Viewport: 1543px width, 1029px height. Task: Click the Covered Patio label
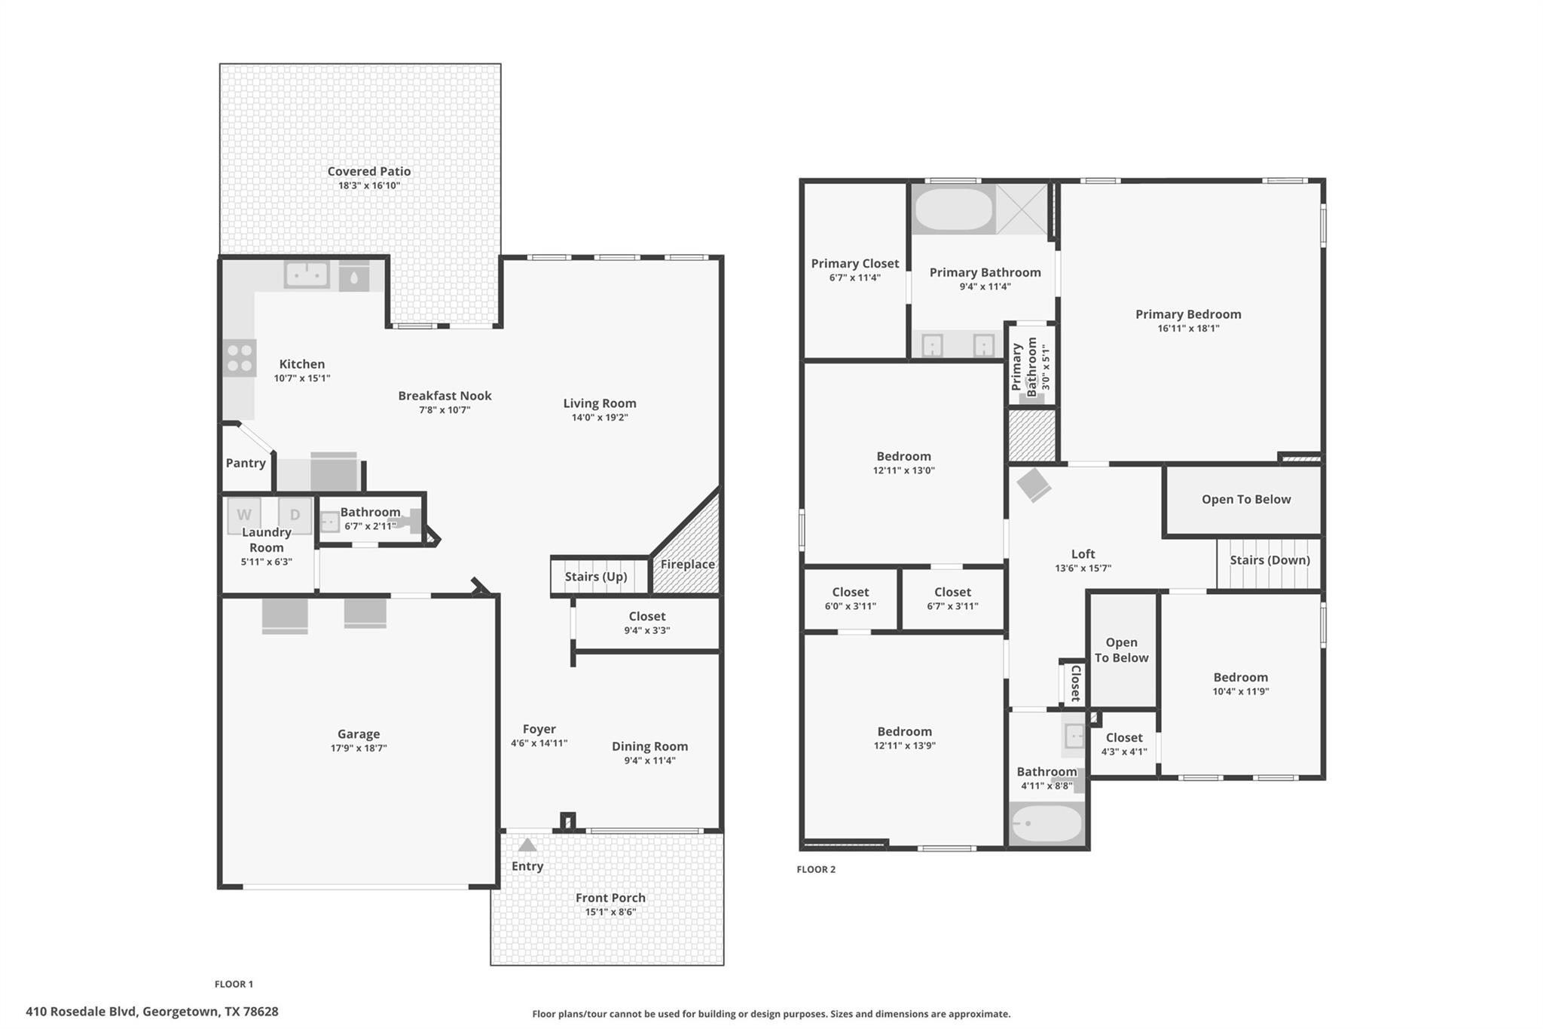[x=368, y=172]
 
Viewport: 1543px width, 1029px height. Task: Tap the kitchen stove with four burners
[x=240, y=358]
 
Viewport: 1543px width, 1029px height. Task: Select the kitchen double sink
[x=306, y=274]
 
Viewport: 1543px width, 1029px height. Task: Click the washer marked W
[x=244, y=515]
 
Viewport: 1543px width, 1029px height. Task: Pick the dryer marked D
[x=295, y=514]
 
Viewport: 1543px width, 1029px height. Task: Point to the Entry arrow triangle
[x=527, y=845]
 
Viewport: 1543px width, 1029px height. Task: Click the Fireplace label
[x=687, y=565]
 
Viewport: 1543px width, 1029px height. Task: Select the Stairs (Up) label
[x=595, y=577]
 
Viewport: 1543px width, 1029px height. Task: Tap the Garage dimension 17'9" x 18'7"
[x=359, y=749]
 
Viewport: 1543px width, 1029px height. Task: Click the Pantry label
[x=246, y=464]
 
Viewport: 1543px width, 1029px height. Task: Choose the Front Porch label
[x=610, y=898]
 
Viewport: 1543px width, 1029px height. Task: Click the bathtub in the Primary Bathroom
[x=953, y=209]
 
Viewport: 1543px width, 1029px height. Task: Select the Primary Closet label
[x=854, y=264]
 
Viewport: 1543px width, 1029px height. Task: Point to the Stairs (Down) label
[x=1270, y=560]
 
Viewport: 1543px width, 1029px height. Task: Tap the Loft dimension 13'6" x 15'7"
[x=1083, y=569]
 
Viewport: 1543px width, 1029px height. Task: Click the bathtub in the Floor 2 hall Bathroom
[x=1046, y=824]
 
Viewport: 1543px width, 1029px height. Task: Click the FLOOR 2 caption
[x=816, y=869]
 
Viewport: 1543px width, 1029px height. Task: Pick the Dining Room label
[x=649, y=746]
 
